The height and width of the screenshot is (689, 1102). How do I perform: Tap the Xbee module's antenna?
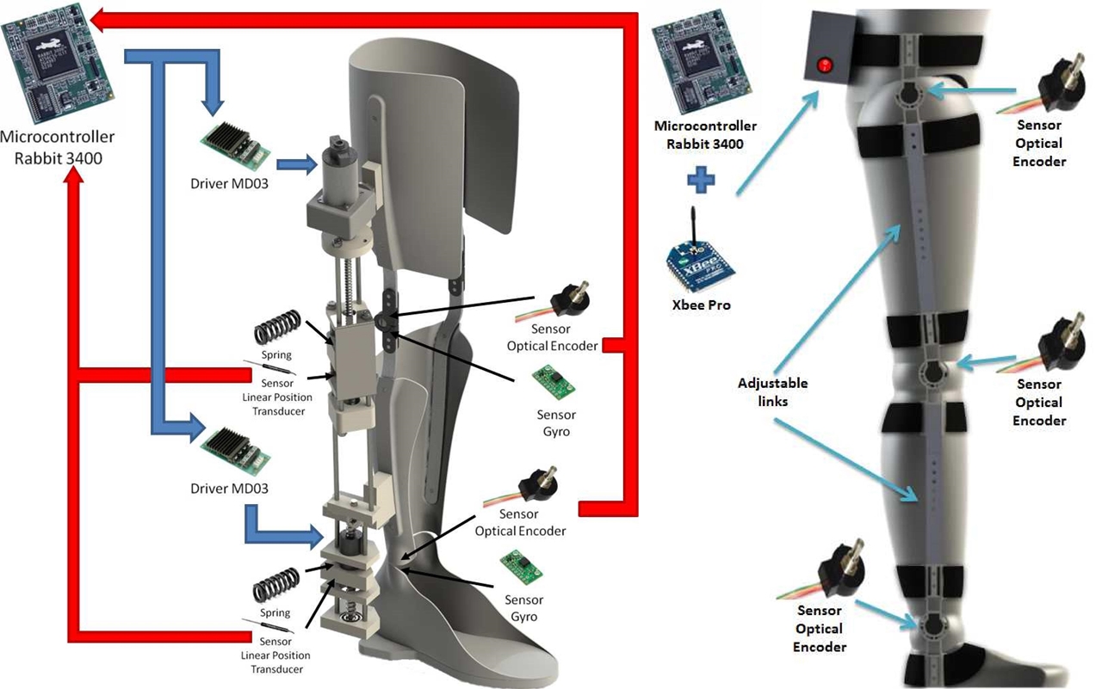point(693,225)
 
